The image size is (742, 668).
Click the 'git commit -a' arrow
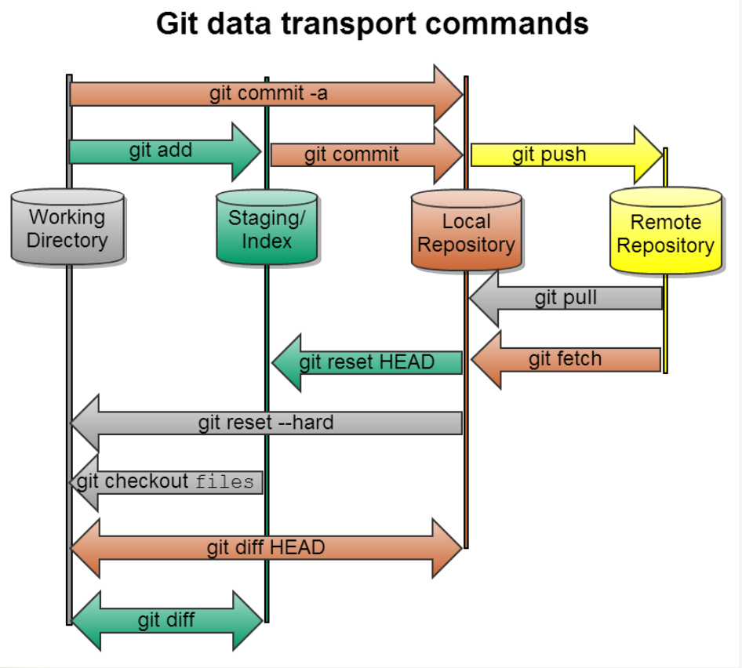(x=267, y=94)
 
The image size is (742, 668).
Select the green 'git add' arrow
(x=161, y=151)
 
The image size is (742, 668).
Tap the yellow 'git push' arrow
(x=549, y=154)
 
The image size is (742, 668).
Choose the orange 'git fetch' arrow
(x=566, y=359)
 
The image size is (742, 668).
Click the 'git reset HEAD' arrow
(x=366, y=362)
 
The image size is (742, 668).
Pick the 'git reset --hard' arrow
(x=266, y=423)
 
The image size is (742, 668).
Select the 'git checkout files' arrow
(x=166, y=481)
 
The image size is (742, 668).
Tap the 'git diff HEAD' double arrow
(x=266, y=547)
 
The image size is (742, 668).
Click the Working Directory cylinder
(x=67, y=227)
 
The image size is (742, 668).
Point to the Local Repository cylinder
(x=466, y=232)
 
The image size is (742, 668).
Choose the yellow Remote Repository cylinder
(x=665, y=233)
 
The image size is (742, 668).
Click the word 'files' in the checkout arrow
(x=225, y=481)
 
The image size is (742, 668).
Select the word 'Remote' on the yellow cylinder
(x=665, y=222)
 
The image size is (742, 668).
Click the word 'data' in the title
(x=244, y=24)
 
